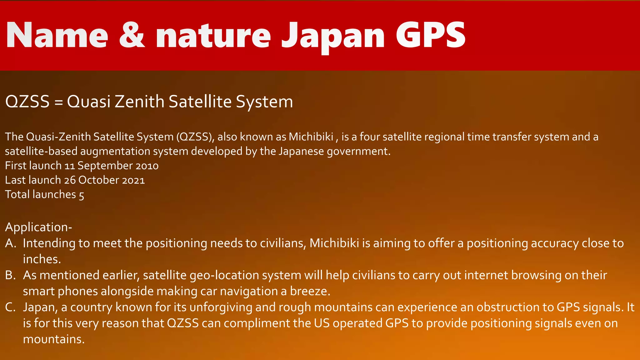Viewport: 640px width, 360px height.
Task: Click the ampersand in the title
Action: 132,35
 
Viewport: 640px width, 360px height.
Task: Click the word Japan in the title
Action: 333,36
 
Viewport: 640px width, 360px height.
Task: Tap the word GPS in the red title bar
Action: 431,35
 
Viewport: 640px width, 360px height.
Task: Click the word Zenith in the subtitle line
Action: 139,102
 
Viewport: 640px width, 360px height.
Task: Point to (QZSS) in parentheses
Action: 195,137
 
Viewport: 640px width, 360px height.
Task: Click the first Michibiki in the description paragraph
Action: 311,137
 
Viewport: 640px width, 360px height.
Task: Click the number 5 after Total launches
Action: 81,195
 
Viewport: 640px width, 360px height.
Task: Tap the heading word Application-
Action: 38,227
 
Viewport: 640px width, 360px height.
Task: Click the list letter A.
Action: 11,243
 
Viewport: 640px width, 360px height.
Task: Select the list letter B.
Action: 10,275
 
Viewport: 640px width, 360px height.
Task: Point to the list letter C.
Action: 10,307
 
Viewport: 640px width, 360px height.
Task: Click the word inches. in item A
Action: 42,259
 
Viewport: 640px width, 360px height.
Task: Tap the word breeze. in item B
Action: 310,291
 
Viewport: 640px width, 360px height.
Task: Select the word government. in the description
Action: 359,151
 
